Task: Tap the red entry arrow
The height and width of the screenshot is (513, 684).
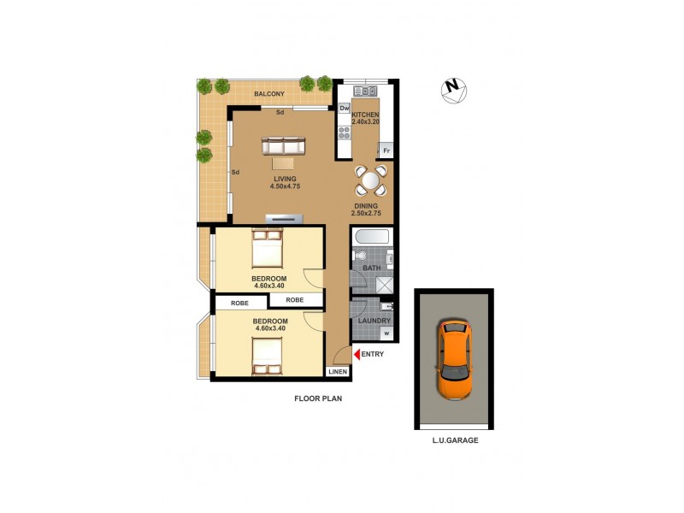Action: (x=355, y=354)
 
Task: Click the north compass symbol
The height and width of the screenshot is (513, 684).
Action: (x=454, y=89)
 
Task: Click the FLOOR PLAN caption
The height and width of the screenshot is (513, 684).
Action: (x=318, y=398)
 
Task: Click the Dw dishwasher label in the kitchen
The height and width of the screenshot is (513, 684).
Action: (x=345, y=109)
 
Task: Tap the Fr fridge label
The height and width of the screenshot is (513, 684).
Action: (x=386, y=151)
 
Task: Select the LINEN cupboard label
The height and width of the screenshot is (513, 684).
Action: (x=338, y=372)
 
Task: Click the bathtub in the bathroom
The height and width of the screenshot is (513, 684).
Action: (x=371, y=237)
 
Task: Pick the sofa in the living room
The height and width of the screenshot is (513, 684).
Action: (x=283, y=145)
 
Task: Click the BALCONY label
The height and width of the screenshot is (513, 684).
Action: (x=268, y=93)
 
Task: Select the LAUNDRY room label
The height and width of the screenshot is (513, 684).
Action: (x=374, y=321)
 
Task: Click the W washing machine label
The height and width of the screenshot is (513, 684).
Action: (x=386, y=333)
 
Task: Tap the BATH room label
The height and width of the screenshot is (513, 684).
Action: (x=371, y=268)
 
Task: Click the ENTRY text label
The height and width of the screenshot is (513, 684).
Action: (x=373, y=354)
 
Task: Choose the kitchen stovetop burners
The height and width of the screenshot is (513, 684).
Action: (x=345, y=133)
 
